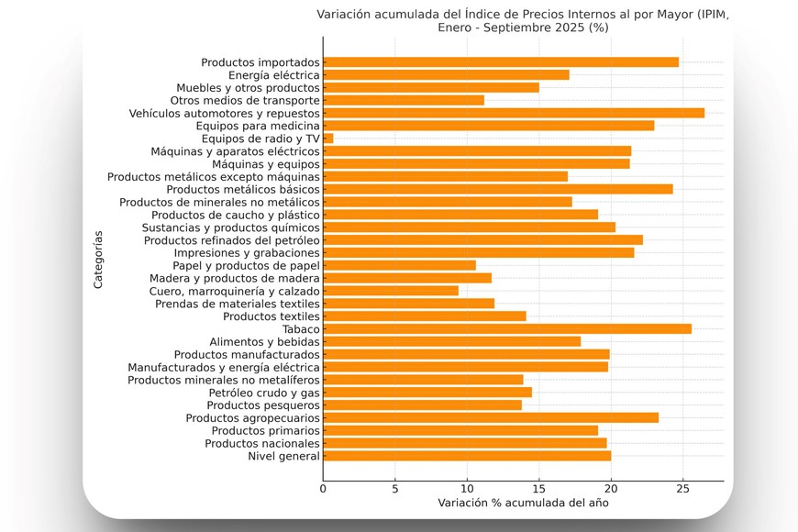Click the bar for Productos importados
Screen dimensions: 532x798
[501, 62]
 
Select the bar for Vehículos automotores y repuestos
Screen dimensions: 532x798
[514, 113]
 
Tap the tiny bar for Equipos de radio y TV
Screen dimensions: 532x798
[328, 139]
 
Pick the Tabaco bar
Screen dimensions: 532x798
[507, 328]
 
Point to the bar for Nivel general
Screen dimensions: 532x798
[467, 456]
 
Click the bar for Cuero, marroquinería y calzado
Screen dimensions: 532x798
[391, 291]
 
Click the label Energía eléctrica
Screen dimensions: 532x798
[274, 75]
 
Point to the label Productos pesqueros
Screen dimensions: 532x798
[263, 405]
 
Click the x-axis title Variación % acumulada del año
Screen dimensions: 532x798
[523, 503]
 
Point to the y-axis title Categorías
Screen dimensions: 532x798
[98, 260]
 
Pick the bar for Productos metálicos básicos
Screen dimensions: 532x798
[498, 189]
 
